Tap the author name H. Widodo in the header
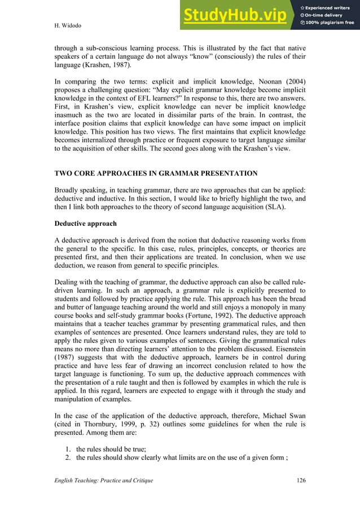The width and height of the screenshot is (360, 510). [x=67, y=25]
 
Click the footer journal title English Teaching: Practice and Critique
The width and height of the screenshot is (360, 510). [x=103, y=480]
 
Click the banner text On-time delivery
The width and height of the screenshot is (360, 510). [x=326, y=15]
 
